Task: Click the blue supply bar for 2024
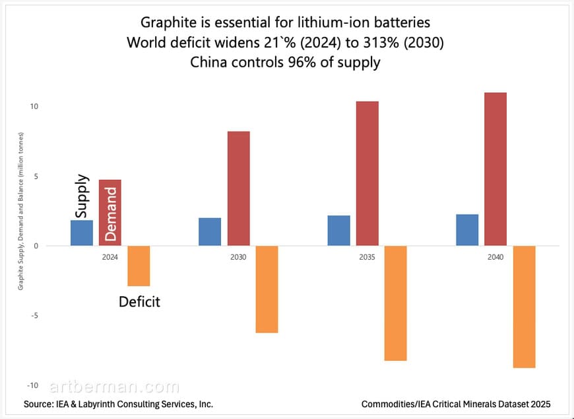coord(82,233)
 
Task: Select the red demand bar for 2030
coord(238,188)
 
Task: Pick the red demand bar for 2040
coord(495,169)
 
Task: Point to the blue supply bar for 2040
coord(467,230)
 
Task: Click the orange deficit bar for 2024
coord(139,266)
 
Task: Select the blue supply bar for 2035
coord(338,231)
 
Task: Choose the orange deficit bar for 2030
coord(267,289)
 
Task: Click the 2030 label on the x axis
coord(238,257)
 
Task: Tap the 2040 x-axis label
coord(495,257)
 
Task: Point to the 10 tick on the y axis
coord(34,106)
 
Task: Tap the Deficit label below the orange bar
coord(139,303)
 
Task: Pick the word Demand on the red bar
coord(110,213)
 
